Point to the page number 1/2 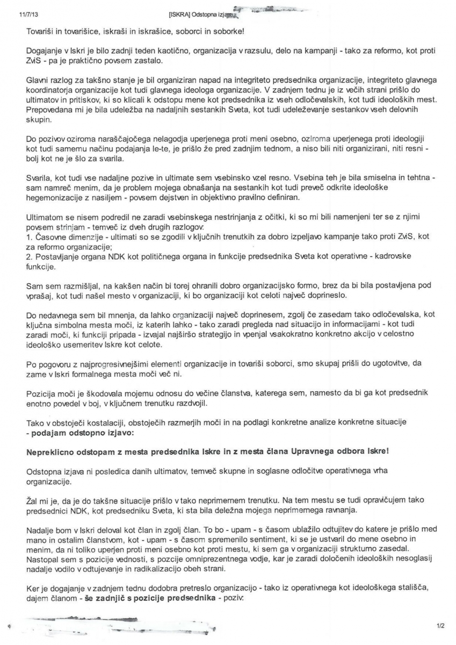(440, 625)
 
